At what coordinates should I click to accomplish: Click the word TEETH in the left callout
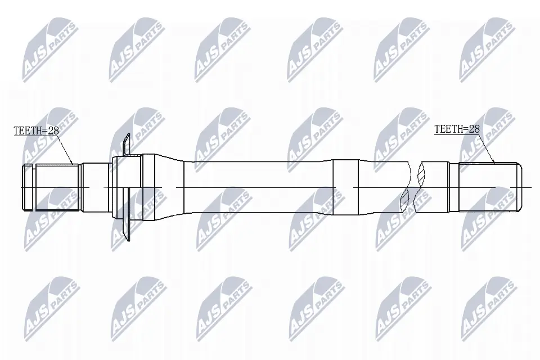pos(26,131)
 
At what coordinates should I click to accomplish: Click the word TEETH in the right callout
pos(448,129)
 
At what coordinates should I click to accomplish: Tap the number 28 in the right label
pos(474,129)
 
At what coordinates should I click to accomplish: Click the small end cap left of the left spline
pos(28,187)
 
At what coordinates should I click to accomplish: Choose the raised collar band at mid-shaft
pos(345,187)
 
